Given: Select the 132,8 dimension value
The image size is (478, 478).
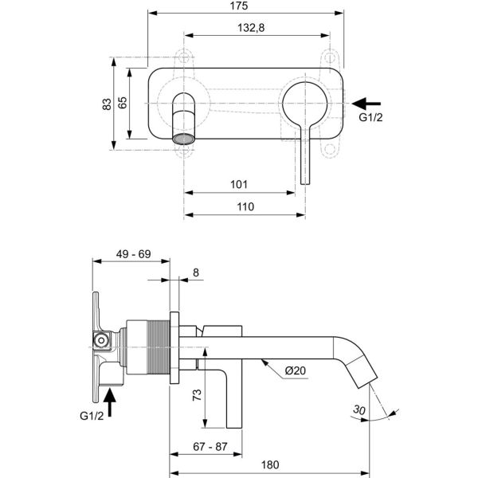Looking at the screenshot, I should [x=250, y=28].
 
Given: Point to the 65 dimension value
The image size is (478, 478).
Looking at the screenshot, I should [x=123, y=103].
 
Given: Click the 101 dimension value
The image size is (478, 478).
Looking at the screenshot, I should [x=238, y=185].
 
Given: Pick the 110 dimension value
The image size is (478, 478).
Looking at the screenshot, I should [x=245, y=206].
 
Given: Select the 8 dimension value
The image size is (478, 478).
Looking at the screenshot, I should [x=197, y=272].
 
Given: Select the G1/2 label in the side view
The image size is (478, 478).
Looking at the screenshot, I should [x=92, y=416].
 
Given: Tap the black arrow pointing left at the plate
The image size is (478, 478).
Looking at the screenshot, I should [x=367, y=103].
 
